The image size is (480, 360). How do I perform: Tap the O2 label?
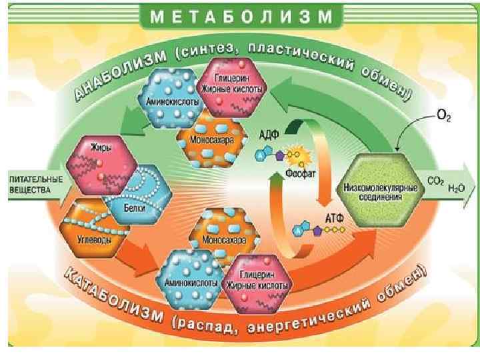click(441, 116)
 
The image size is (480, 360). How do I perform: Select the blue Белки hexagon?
click(140, 193)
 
